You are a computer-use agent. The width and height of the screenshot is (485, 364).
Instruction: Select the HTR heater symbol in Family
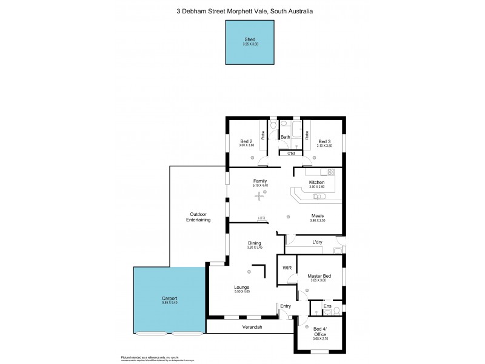[261, 218]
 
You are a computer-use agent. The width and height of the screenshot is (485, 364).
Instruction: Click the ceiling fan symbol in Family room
[260, 195]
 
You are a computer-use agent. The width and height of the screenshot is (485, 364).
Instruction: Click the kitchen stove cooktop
[330, 172]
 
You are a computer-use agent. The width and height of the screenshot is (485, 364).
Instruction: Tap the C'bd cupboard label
[291, 152]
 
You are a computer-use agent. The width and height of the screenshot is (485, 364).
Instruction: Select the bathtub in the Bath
[296, 129]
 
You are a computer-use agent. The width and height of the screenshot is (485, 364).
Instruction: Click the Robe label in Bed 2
[263, 135]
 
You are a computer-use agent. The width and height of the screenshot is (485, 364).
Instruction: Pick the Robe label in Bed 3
[307, 135]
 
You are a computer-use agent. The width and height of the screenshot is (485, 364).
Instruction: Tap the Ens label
[326, 306]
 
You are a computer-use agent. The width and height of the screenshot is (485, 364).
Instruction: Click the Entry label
[286, 306]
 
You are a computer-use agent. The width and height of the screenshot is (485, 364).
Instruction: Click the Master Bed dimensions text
[318, 280]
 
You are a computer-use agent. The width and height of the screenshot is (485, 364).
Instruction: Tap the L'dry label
[317, 243]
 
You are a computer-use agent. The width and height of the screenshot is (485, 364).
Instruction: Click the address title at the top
[244, 10]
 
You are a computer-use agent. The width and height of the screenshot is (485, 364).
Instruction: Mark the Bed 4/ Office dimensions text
[321, 339]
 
